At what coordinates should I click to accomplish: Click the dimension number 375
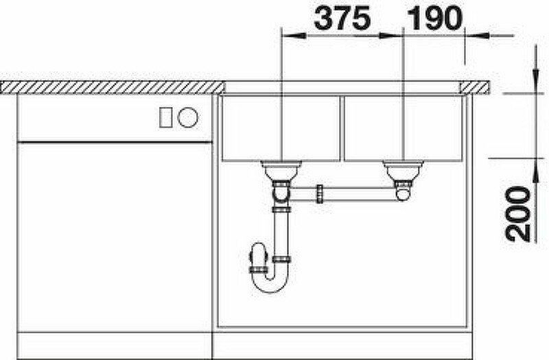(342, 19)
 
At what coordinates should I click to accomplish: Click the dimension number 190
(434, 19)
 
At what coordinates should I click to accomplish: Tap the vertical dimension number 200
(517, 214)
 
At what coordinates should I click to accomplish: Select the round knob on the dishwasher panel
(187, 117)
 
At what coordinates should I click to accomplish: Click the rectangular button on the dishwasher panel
(165, 117)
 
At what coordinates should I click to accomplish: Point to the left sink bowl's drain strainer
(281, 170)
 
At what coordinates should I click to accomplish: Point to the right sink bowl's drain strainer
(404, 170)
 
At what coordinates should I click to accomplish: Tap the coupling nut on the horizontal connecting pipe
(320, 194)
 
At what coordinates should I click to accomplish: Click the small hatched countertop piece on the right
(475, 87)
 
